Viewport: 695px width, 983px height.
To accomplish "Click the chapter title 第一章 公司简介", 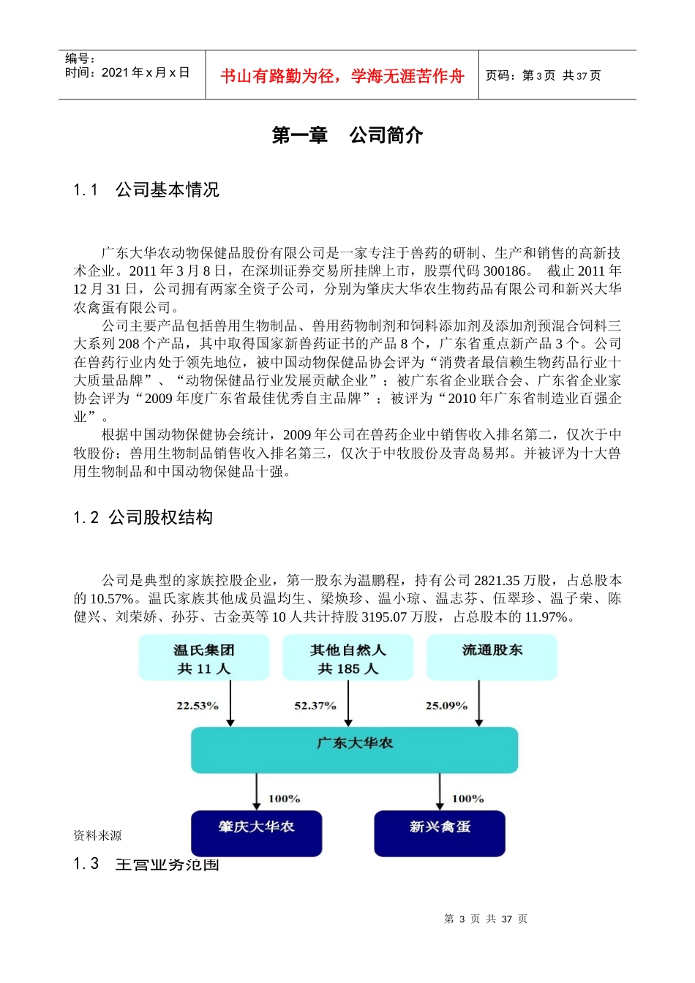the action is click(x=347, y=135).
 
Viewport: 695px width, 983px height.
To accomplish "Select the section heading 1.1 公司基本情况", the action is click(x=146, y=190).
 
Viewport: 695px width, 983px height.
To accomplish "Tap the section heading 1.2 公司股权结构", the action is click(x=143, y=518).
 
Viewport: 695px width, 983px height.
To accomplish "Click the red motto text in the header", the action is click(x=342, y=76).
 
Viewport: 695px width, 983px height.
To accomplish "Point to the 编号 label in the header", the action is click(x=80, y=59).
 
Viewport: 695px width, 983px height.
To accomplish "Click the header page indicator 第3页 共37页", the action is click(x=543, y=75).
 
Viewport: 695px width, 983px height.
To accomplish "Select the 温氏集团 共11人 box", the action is click(x=204, y=658).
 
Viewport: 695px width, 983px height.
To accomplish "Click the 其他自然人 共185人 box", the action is click(x=348, y=658).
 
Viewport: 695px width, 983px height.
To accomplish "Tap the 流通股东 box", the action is click(x=492, y=657).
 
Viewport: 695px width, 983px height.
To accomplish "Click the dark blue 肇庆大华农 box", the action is click(x=256, y=832).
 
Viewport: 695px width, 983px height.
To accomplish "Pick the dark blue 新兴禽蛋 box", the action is click(x=440, y=832).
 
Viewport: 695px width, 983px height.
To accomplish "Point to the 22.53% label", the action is click(x=198, y=706).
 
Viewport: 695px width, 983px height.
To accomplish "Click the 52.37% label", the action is click(x=315, y=706).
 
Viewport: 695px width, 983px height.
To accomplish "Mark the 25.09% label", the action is click(x=446, y=706).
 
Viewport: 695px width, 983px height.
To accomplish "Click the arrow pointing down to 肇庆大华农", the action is click(x=257, y=792).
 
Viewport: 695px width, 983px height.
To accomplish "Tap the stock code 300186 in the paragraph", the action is click(x=505, y=271).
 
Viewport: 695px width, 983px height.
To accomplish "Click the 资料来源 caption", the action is click(x=97, y=835).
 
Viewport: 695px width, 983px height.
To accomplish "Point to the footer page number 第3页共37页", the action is click(x=486, y=919).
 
